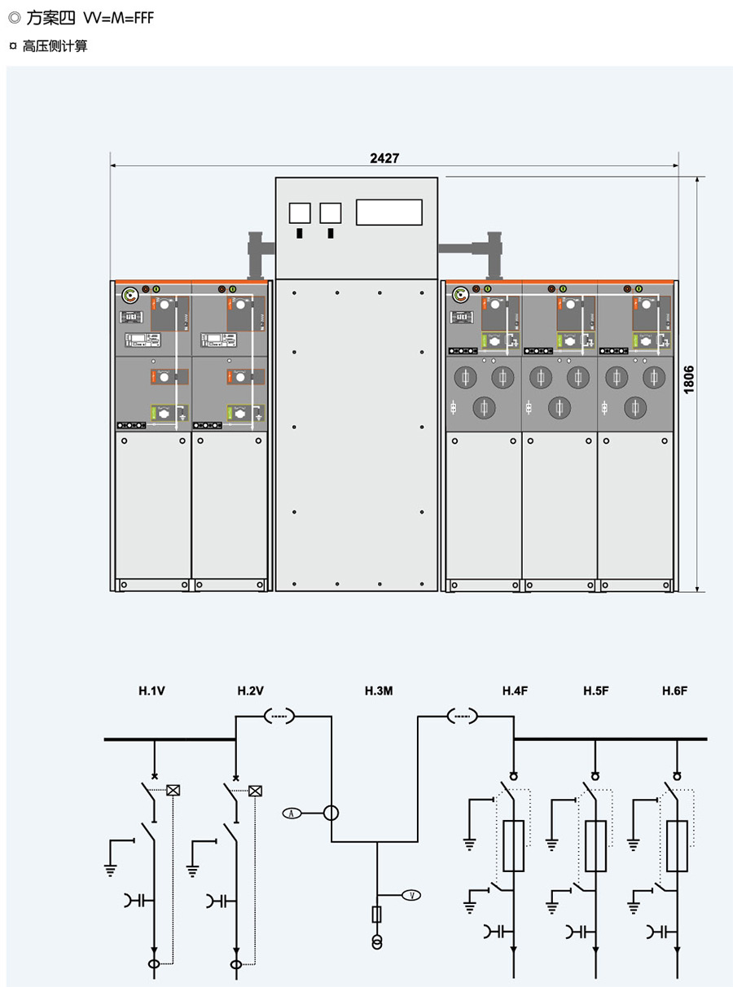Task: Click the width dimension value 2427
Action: tap(384, 158)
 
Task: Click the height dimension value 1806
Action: tap(689, 379)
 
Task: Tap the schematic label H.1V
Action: tap(152, 691)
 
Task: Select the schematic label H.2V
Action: tap(251, 691)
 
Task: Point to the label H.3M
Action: tap(379, 691)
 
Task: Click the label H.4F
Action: tap(515, 691)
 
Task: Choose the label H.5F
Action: tap(595, 691)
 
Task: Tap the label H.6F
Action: tap(675, 691)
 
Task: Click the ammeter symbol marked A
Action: tap(292, 813)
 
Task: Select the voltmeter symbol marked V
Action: tap(412, 896)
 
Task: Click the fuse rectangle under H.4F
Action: tap(514, 846)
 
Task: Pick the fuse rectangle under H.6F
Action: tap(676, 846)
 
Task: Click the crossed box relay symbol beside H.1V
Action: tap(173, 789)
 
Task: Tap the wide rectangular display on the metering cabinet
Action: tap(389, 212)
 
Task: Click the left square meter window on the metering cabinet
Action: tap(300, 213)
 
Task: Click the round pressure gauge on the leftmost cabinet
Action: tap(130, 295)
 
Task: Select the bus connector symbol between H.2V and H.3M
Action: tap(279, 717)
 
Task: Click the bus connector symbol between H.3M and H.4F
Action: tap(463, 717)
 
